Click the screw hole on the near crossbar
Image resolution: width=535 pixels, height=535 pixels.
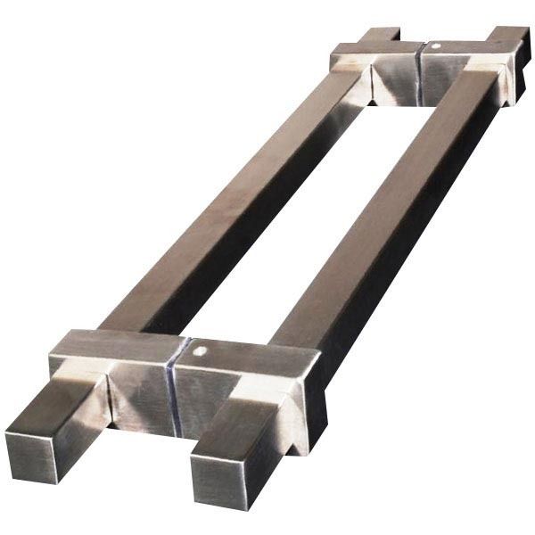point(204,351)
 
